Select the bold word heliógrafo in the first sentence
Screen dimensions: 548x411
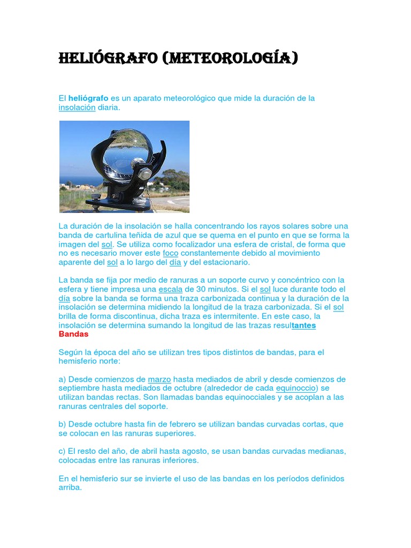tap(88, 98)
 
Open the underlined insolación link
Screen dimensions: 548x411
tap(77, 108)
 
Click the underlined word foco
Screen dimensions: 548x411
tap(171, 253)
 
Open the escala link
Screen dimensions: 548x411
tap(171, 289)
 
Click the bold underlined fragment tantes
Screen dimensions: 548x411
tap(304, 325)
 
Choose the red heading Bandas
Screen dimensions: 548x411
tap(73, 334)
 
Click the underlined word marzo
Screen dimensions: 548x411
tap(159, 379)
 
